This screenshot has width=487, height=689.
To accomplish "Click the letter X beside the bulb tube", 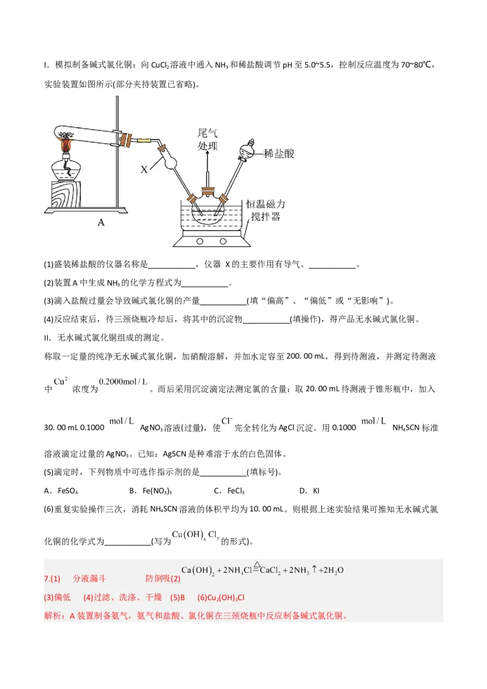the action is coord(144,169).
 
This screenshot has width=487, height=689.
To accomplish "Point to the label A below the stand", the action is coord(101,222).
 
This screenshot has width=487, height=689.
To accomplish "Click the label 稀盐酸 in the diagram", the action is coord(279,153).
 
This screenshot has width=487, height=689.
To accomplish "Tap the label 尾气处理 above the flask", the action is coord(208,139).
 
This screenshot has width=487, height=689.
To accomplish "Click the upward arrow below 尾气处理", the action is coord(208,168).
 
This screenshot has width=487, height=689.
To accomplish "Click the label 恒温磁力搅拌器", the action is coord(265,210).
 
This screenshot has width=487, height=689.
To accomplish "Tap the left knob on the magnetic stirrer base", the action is coord(200,241).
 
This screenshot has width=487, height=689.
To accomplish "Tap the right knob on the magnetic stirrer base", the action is coord(223,241).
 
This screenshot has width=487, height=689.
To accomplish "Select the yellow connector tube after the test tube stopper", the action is coord(143,141).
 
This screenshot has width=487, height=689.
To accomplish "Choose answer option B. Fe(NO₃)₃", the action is coord(150,491).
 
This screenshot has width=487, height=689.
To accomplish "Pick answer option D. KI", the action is coord(309,491).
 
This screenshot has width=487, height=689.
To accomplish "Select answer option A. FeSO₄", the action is coord(61,491).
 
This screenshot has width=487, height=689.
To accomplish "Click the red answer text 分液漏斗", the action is coord(89,578).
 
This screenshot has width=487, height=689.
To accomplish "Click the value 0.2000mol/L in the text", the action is coord(123,382).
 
